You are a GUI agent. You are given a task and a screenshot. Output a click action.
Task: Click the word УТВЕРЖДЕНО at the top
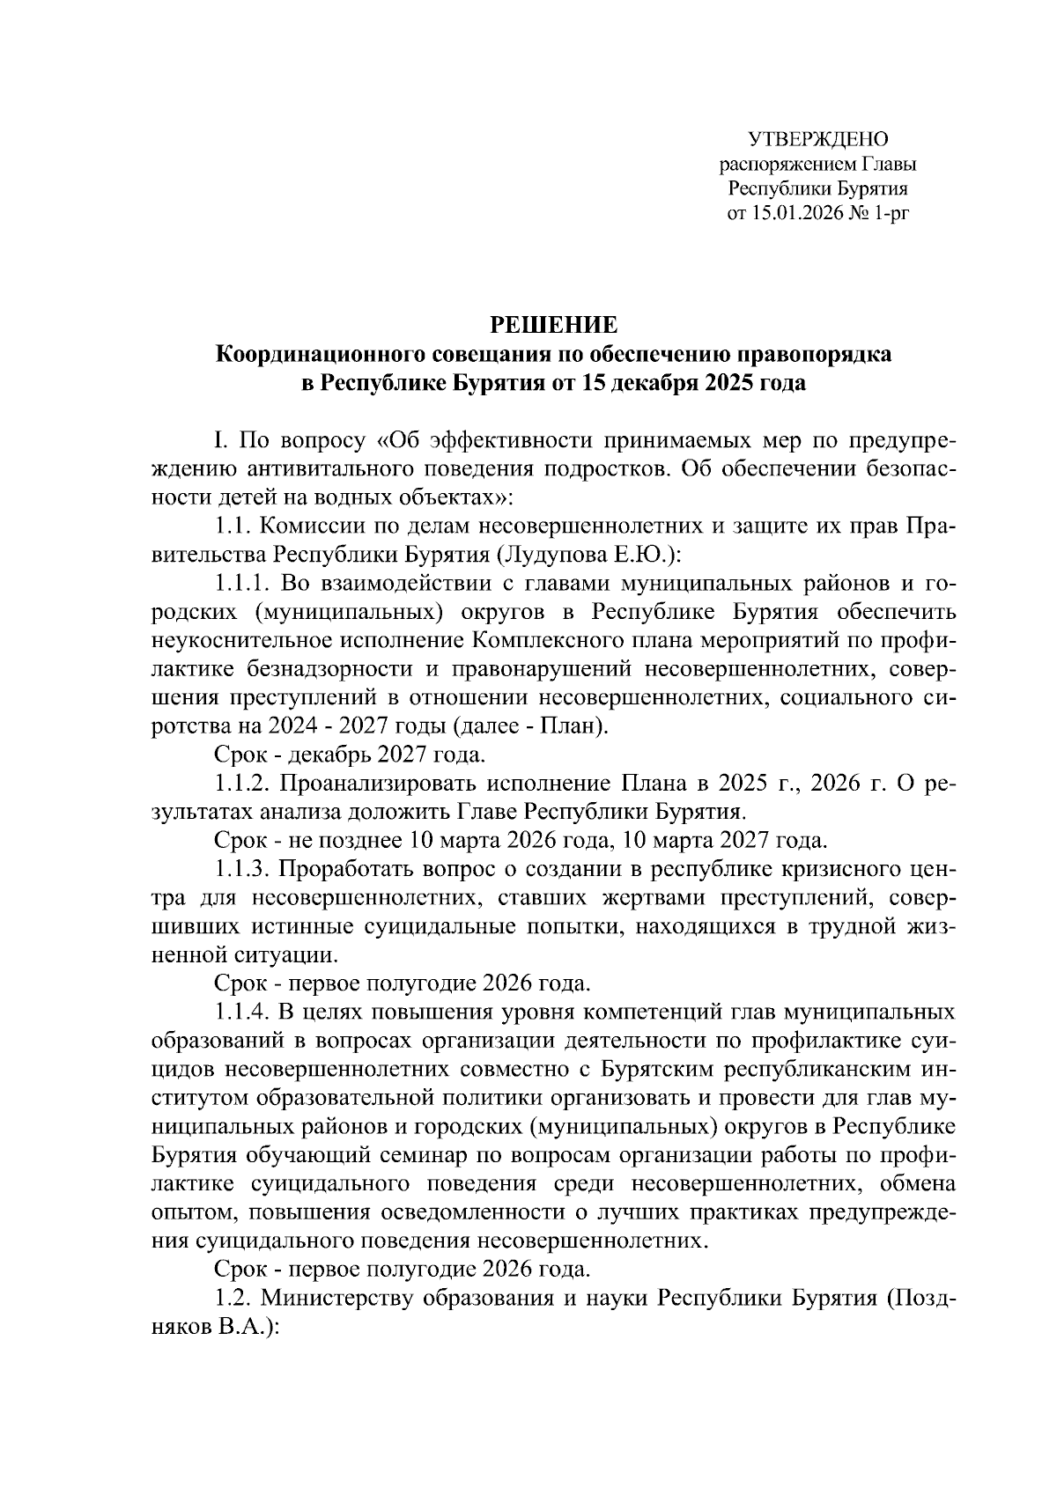(x=818, y=139)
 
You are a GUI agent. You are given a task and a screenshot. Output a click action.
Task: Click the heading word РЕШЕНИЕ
(x=554, y=324)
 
